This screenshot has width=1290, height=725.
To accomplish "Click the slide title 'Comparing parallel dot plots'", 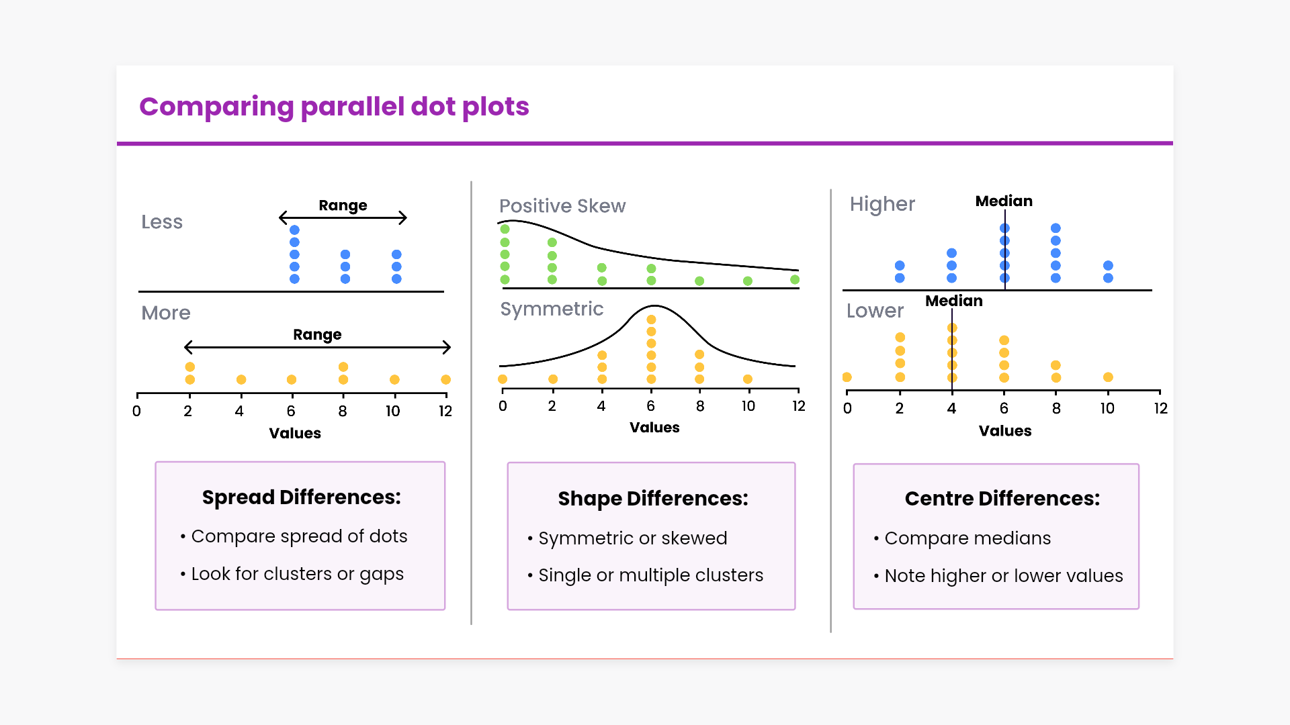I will [334, 107].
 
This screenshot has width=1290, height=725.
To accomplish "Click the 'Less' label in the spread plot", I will [162, 222].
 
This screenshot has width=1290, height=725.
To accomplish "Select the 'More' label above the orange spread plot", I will [166, 313].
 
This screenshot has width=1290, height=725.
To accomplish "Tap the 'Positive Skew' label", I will [562, 206].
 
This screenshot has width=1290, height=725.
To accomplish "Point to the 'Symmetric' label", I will [552, 309].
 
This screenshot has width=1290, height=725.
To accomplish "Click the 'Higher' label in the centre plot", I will [882, 204].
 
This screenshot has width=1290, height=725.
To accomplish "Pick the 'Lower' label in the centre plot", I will [875, 311].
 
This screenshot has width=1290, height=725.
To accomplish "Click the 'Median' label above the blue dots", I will [1004, 201].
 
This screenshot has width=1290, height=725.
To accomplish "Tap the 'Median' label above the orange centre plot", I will [953, 301].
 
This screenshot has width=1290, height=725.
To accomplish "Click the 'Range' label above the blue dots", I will [343, 205].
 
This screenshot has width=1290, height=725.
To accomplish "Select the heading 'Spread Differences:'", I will [301, 497].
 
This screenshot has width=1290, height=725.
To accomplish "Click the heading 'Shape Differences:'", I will [652, 499].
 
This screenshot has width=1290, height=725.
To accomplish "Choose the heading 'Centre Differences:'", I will [1002, 499].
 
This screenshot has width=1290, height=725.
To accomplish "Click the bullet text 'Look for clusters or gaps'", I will [297, 574].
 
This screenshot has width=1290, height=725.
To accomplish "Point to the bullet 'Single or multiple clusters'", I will [650, 575].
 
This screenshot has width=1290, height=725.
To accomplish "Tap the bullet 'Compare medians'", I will [967, 538].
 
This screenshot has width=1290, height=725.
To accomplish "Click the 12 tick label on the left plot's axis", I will [445, 412].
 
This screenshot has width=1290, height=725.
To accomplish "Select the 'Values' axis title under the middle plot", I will [654, 428].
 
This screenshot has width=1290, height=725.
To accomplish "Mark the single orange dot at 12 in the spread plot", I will [445, 380].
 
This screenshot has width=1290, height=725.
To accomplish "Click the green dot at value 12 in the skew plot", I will [795, 280].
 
